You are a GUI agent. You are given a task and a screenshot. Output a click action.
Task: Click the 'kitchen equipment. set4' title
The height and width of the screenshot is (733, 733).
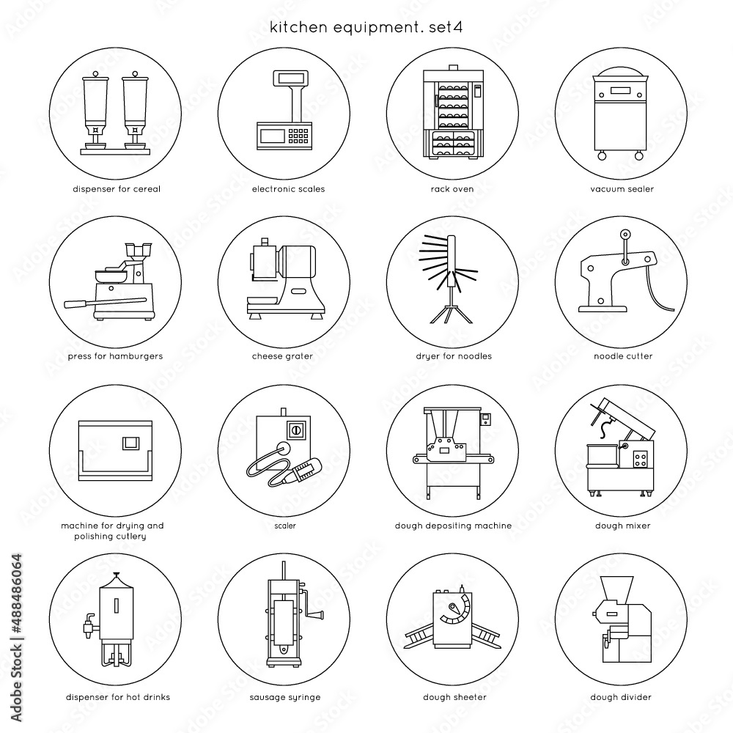(366, 27)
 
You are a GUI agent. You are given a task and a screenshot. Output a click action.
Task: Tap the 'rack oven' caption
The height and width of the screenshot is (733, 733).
(452, 189)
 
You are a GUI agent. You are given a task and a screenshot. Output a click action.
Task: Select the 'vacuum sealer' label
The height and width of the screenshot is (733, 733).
(622, 189)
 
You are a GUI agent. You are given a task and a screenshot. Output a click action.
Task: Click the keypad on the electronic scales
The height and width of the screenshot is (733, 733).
(298, 136)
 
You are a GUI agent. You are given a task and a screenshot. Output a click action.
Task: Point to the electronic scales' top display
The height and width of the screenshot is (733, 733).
(291, 78)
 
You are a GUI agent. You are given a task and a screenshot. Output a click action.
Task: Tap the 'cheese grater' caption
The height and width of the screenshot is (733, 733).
(282, 356)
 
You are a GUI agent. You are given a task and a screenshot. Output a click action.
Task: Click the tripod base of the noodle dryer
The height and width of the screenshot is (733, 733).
(451, 312)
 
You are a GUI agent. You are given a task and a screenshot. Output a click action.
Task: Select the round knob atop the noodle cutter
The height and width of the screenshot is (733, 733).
(625, 235)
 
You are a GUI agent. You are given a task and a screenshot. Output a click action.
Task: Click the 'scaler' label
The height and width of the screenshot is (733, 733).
(285, 526)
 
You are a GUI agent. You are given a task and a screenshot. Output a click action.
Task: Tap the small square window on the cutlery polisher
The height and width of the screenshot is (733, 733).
(131, 443)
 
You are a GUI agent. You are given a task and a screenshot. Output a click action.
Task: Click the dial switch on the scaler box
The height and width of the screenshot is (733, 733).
(295, 430)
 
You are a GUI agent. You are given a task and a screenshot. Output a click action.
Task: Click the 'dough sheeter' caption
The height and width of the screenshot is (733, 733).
(455, 697)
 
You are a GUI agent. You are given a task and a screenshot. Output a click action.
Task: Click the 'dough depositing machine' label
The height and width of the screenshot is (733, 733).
(453, 526)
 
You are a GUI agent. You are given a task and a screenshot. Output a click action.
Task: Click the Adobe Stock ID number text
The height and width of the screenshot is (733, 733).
(16, 594)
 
